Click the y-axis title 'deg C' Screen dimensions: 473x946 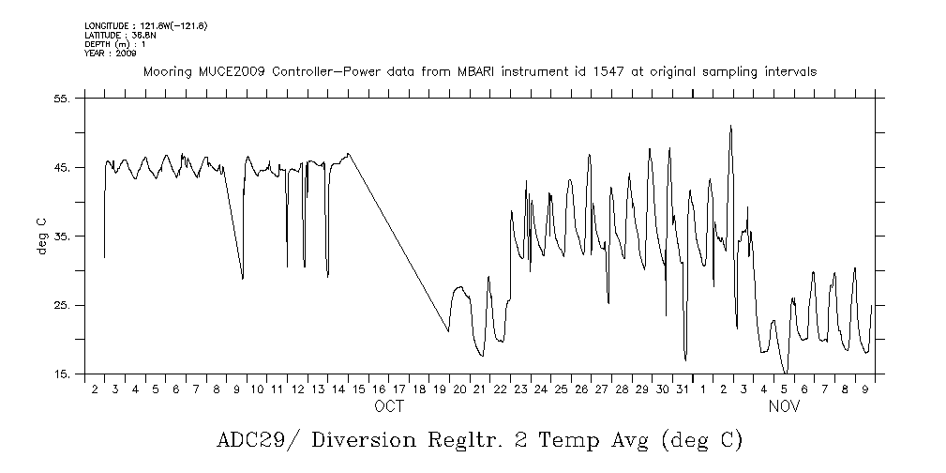tap(41, 236)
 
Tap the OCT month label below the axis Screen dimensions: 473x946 tap(388, 406)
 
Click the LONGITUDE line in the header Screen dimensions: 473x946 tap(145, 25)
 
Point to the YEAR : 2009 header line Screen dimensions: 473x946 tap(111, 53)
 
